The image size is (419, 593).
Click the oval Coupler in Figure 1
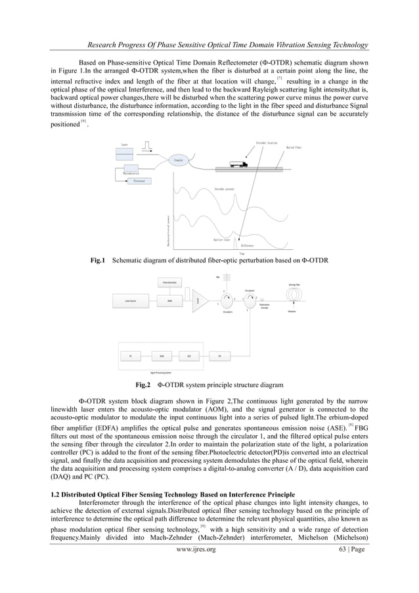coord(178,160)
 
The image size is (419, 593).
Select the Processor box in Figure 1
coord(139,179)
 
